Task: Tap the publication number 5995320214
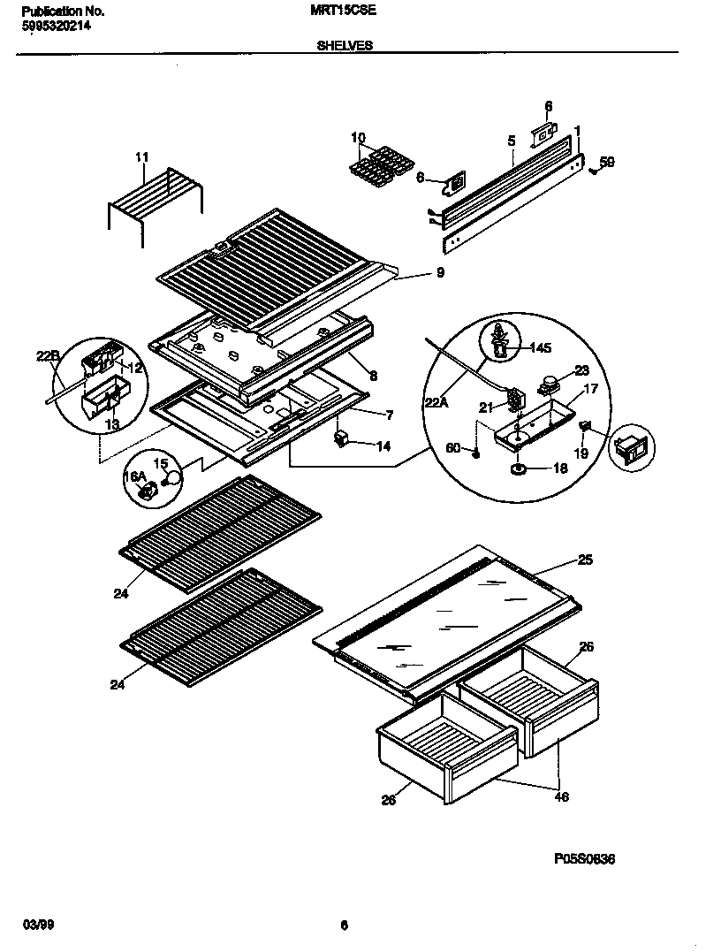tap(55, 27)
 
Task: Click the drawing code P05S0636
tap(584, 858)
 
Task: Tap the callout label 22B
tap(48, 355)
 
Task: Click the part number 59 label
tap(607, 162)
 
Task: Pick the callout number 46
tap(561, 796)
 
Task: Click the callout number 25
tap(585, 560)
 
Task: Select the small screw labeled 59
tap(593, 170)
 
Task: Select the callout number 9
tap(440, 272)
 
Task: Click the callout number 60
tap(452, 449)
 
